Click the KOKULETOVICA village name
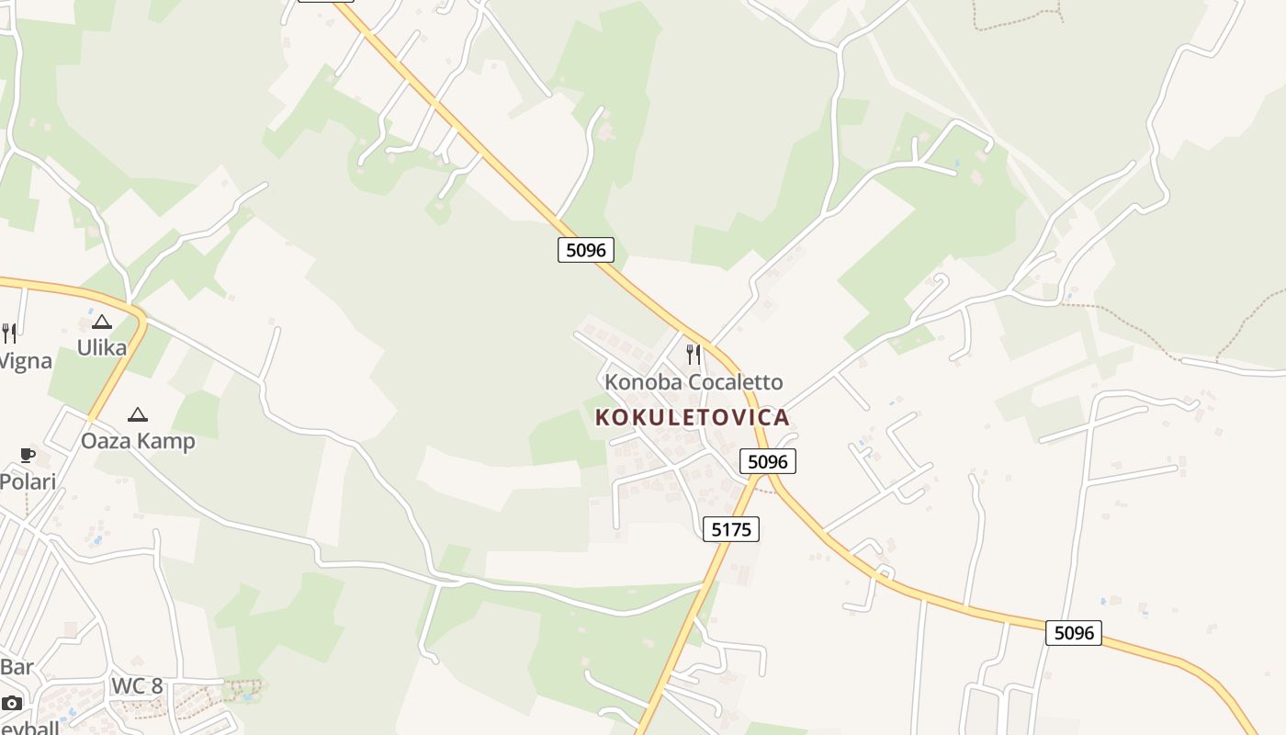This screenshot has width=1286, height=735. [692, 417]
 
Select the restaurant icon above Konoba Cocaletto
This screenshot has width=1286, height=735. [694, 354]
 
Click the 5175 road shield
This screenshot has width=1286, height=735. [731, 528]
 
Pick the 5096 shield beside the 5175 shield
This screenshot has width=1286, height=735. [767, 461]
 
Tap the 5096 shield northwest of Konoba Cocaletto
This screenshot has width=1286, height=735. [585, 249]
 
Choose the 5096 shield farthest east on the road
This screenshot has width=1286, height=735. [1073, 632]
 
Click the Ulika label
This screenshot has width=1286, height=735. [101, 347]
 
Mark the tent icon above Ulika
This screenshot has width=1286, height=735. [101, 322]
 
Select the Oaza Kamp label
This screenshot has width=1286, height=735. [138, 441]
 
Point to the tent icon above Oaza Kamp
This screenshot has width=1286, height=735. [138, 414]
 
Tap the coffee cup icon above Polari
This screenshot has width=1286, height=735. [28, 455]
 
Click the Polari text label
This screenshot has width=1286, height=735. [28, 481]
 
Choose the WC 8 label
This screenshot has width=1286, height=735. [136, 685]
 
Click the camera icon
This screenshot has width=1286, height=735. [11, 703]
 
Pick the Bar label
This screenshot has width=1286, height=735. [17, 666]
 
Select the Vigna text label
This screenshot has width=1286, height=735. [25, 360]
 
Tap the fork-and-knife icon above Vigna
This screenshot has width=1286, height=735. [8, 333]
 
